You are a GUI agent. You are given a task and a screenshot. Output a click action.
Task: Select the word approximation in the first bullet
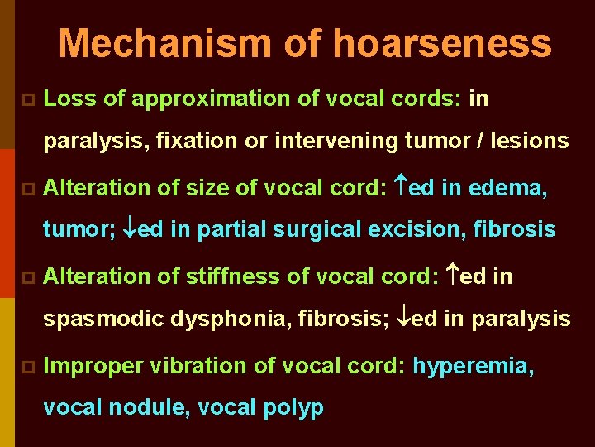tap(203, 99)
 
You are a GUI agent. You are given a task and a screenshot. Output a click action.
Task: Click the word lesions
tap(528, 142)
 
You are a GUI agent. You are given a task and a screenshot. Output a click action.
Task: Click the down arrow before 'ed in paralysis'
tap(400, 319)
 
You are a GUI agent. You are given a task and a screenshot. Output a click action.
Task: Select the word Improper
tap(84, 365)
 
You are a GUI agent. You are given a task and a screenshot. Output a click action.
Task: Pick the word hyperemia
tap(474, 365)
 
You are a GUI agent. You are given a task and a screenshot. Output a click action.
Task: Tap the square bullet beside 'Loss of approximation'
tap(26, 100)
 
